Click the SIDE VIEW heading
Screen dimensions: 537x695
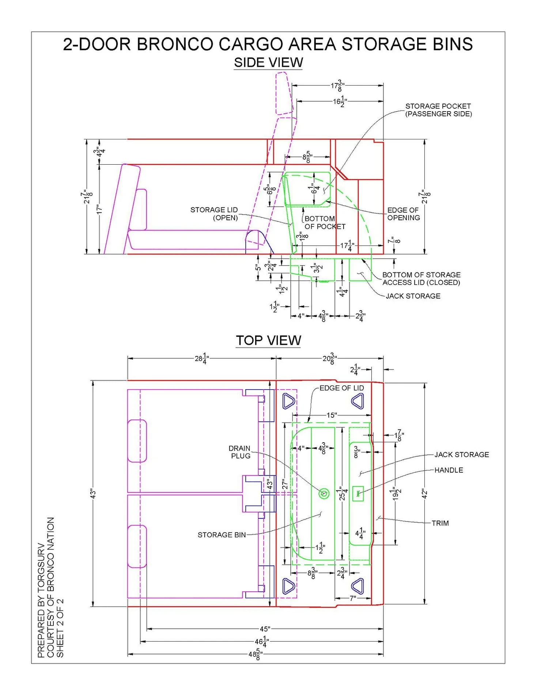pos(268,63)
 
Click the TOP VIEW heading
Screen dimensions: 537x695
pos(268,340)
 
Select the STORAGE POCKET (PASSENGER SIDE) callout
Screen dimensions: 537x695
pos(438,110)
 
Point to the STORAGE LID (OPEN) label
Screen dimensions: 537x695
pos(214,214)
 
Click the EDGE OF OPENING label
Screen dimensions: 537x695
pos(404,214)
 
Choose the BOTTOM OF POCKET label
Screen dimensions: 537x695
pos(325,222)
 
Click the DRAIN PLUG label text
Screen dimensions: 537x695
pos(239,452)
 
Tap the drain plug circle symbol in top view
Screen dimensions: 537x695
pos(324,493)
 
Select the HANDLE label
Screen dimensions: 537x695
pos(449,470)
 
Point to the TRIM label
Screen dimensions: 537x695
pos(440,523)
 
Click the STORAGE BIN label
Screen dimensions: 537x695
pos(222,535)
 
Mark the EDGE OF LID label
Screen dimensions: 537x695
pos(342,388)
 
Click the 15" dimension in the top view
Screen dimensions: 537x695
pos(331,415)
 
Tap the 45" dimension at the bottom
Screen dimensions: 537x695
pos(265,629)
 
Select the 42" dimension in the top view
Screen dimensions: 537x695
pos(424,493)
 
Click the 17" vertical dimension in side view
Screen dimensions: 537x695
pos(99,209)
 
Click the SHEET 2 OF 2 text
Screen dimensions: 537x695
pos(60,628)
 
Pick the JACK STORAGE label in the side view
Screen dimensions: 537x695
pos(413,296)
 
